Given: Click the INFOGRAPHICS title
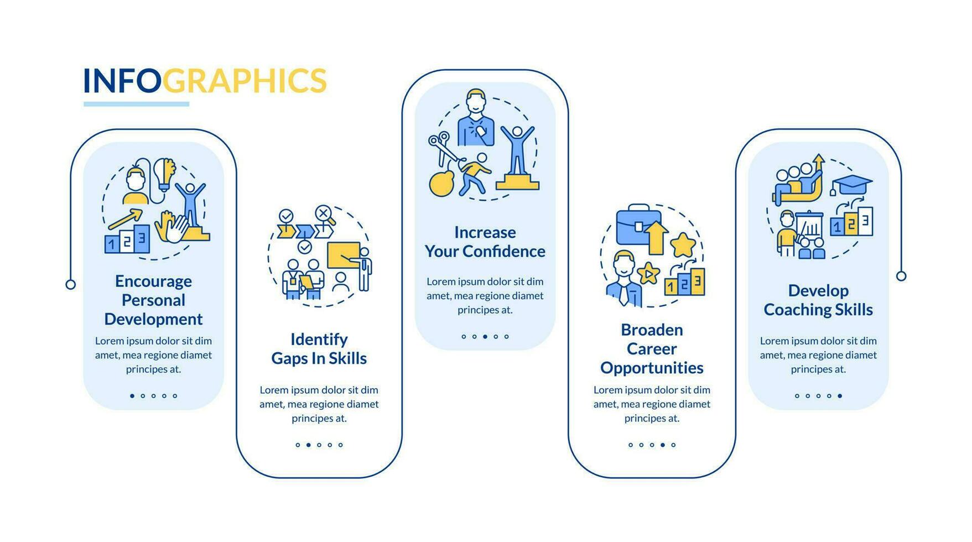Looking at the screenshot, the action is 205,81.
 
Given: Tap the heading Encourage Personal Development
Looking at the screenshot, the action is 153,300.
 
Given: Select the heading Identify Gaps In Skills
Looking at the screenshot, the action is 319,349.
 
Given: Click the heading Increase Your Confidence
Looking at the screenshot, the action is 485,242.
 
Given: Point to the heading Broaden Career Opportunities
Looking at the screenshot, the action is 652,349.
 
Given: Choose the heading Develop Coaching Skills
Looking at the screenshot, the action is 818,300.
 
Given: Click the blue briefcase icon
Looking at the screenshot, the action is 638,224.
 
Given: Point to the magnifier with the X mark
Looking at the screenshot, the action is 325,215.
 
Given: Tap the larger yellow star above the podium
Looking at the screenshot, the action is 683,244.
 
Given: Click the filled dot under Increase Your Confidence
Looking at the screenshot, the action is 485,336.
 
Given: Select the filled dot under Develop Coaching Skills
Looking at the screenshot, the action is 840,396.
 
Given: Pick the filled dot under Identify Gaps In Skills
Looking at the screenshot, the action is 309,445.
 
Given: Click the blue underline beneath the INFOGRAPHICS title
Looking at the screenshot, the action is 137,104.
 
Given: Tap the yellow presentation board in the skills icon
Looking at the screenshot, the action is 344,255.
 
